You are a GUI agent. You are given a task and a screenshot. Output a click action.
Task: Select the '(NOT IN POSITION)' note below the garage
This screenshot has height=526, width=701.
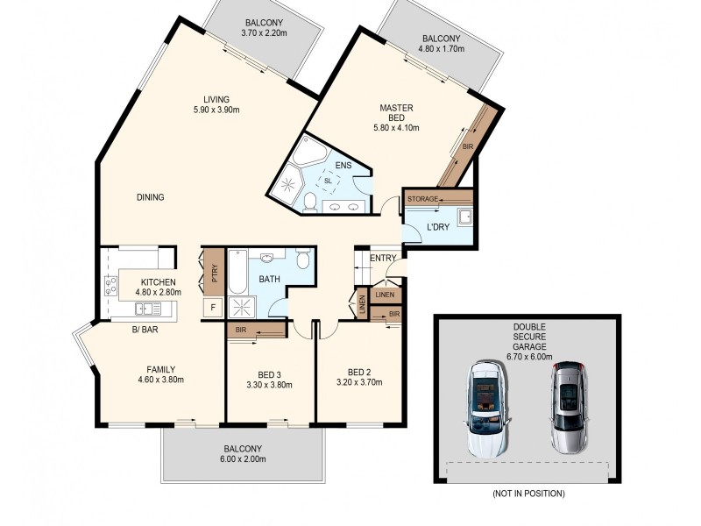click(x=528, y=494)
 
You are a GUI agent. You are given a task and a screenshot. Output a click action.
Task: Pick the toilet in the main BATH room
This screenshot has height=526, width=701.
click(x=302, y=259)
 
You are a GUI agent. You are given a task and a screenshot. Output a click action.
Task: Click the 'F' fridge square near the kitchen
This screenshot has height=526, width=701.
click(x=210, y=308)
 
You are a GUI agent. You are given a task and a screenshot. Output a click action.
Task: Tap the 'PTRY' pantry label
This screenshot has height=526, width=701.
click(x=213, y=273)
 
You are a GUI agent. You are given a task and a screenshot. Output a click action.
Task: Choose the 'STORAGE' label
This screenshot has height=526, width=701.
click(x=423, y=200)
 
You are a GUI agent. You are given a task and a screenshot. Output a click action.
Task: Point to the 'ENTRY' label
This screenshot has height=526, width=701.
click(x=383, y=258)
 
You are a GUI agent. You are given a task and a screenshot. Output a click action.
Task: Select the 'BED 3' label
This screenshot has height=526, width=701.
click(x=269, y=374)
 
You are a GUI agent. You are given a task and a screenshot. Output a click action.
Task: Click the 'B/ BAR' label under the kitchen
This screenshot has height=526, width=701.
click(x=144, y=330)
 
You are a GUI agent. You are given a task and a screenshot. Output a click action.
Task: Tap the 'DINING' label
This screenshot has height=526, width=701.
click(x=151, y=197)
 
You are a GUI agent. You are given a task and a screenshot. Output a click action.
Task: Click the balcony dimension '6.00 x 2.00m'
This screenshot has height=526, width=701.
click(x=242, y=458)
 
